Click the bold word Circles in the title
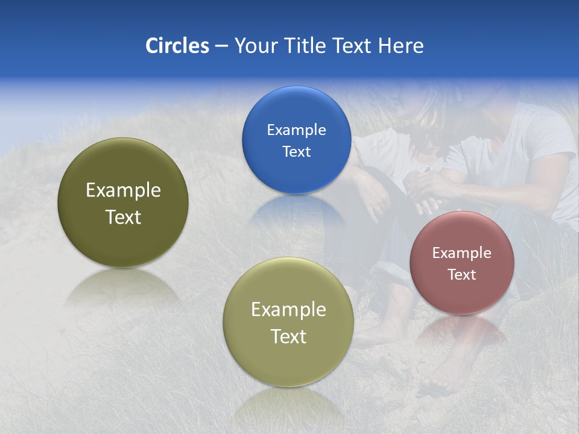[177, 46]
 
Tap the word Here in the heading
[400, 46]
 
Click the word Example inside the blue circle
[296, 130]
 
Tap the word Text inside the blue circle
[296, 152]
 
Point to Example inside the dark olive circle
[123, 190]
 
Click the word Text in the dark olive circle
[123, 217]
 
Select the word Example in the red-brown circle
[462, 253]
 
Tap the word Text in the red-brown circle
[462, 275]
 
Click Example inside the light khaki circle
[288, 310]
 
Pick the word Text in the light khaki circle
[288, 336]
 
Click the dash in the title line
[221, 46]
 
